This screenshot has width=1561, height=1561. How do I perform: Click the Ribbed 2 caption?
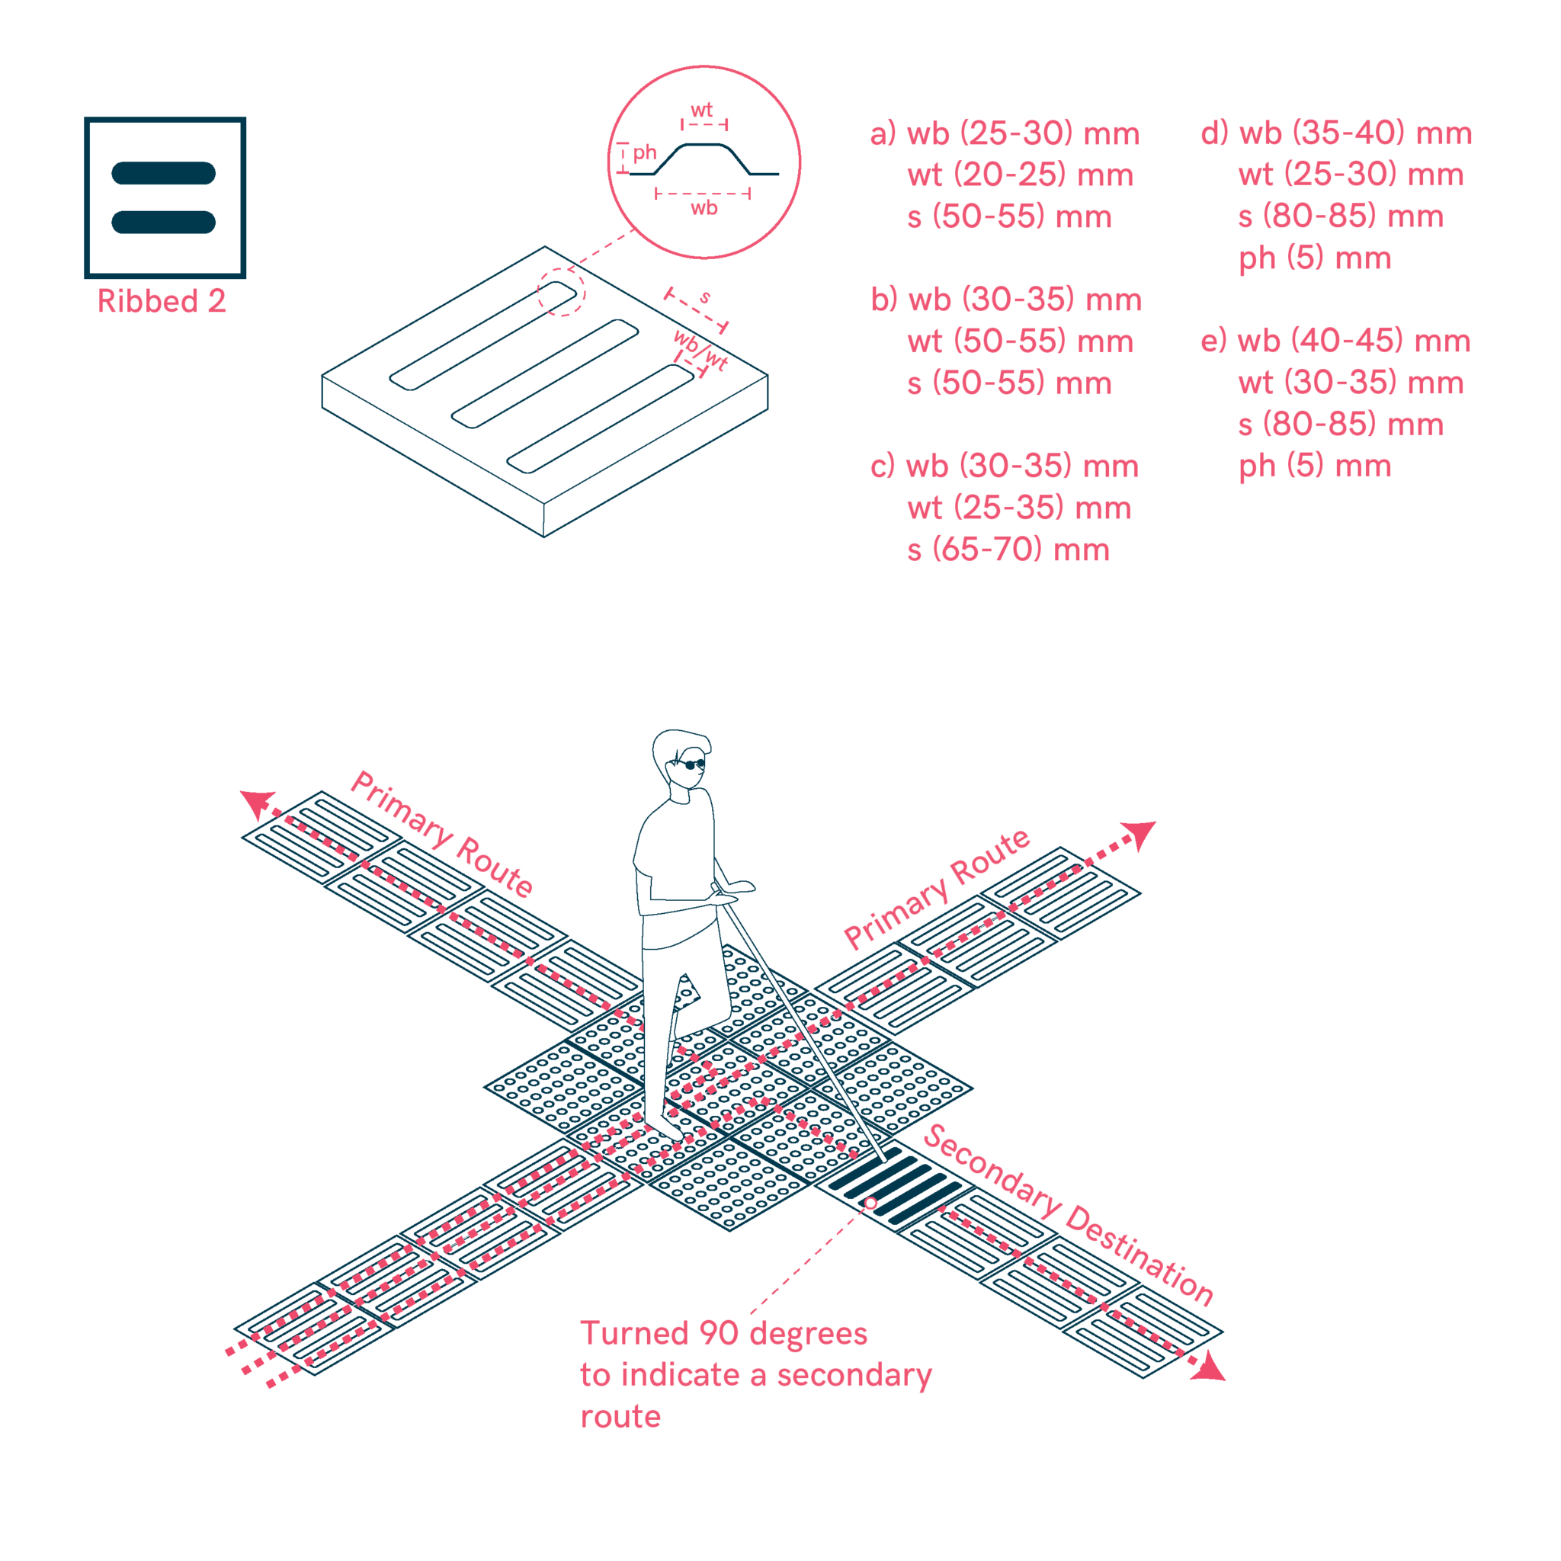[162, 301]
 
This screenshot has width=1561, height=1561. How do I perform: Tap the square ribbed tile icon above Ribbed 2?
[165, 197]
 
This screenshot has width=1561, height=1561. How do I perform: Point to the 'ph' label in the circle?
[644, 152]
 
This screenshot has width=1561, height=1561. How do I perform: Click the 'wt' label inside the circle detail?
[701, 110]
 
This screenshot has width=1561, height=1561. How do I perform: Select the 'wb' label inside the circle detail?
[704, 207]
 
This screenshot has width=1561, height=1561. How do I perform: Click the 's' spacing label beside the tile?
[705, 297]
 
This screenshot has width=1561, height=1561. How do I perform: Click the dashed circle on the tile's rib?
[562, 292]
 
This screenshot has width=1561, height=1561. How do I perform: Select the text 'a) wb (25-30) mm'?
[1005, 134]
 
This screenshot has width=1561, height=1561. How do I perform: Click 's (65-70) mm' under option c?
[1008, 550]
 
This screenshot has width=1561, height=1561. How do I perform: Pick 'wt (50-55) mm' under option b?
[1020, 341]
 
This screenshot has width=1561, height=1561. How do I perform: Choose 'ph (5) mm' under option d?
[1315, 258]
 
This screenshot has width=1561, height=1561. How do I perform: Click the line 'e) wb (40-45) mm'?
[1335, 341]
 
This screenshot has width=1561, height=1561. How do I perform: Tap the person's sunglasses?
[691, 764]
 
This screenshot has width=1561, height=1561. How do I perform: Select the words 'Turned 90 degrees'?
[724, 1333]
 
